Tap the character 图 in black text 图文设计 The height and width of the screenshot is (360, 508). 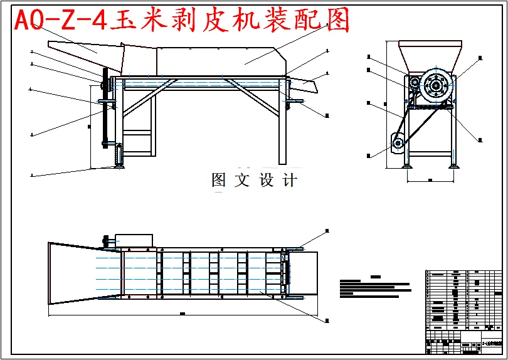tap(219, 181)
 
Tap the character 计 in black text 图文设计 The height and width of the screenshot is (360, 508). tap(290, 181)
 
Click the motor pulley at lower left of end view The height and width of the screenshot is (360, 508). tap(398, 144)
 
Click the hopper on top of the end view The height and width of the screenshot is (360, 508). tap(430, 53)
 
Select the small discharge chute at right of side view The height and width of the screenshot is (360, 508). tap(302, 82)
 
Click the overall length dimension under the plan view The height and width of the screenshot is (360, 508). tap(182, 312)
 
